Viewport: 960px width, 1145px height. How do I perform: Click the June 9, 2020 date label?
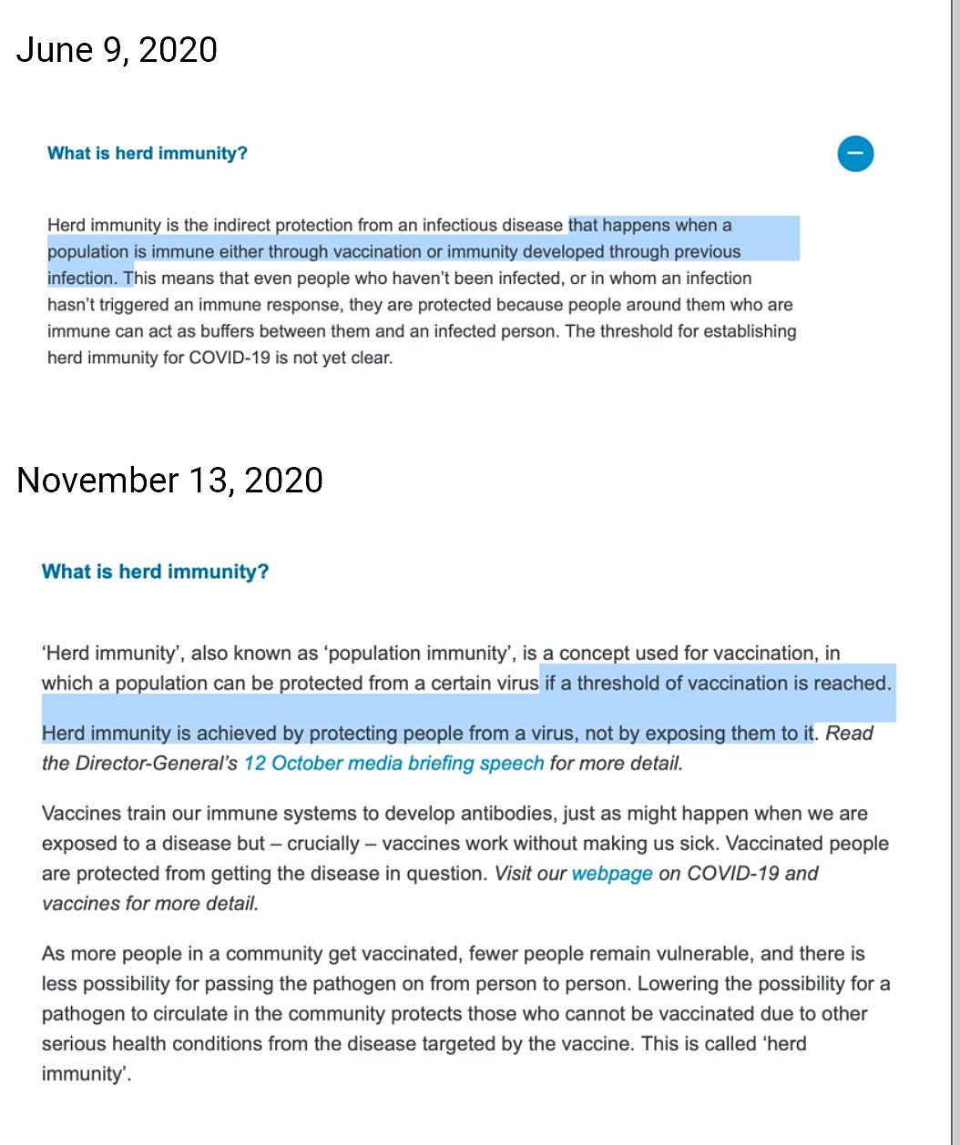tap(117, 49)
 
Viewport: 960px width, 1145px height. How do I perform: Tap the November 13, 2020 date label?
tap(169, 480)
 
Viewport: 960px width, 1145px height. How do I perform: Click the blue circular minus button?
tap(855, 153)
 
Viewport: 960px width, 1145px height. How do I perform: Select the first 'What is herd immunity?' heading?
tap(148, 153)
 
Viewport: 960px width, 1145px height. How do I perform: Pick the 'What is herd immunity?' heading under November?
tap(155, 572)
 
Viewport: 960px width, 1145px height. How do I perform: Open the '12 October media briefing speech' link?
tap(393, 763)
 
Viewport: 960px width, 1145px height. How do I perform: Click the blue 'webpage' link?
tap(612, 874)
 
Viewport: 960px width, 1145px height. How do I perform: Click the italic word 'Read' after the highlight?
tap(849, 734)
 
